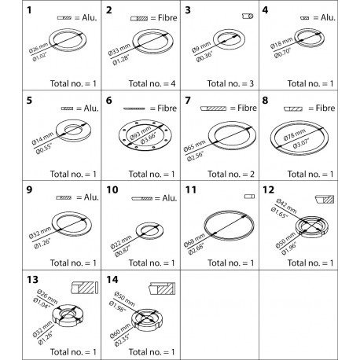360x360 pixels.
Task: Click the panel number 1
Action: tap(9, 11)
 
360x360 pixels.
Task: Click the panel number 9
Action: tap(9, 189)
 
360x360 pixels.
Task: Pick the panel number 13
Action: tap(11, 280)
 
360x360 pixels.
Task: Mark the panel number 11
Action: tap(189, 189)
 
